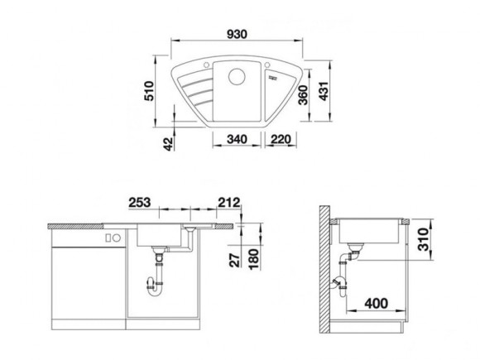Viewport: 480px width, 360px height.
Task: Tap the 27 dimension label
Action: click(234, 259)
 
